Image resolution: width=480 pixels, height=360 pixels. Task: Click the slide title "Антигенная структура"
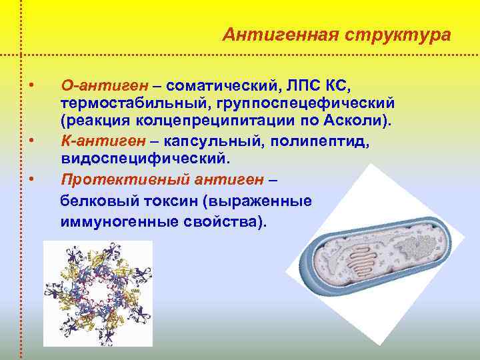click(x=336, y=34)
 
